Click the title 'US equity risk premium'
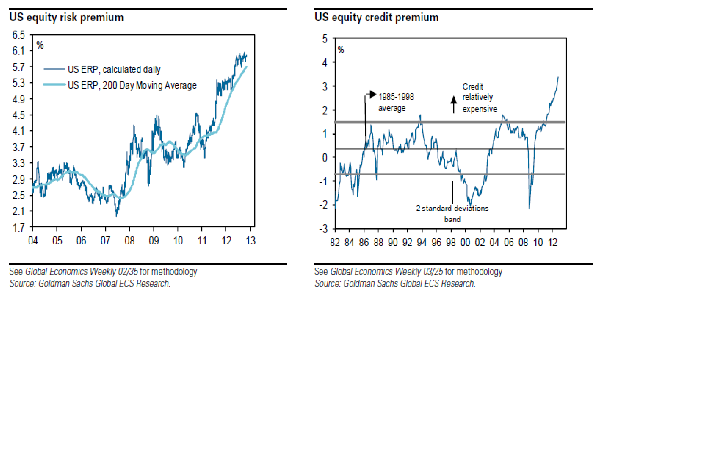click(x=66, y=17)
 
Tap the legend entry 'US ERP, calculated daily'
click(x=114, y=70)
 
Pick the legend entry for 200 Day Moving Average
click(x=132, y=85)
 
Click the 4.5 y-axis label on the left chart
click(x=19, y=115)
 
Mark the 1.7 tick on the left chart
click(x=19, y=227)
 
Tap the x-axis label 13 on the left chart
click(x=251, y=241)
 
